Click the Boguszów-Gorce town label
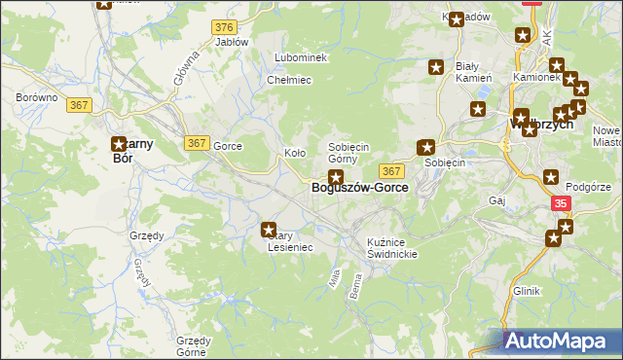[x=359, y=189]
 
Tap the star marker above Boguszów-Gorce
[x=336, y=177]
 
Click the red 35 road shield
[x=561, y=203]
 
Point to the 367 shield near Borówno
[x=81, y=105]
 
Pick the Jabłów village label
[x=232, y=42]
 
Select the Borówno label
[x=37, y=98]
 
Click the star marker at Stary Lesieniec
[x=269, y=230]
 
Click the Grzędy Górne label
[x=193, y=346]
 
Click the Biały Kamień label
[x=473, y=72]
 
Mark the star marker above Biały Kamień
[x=436, y=67]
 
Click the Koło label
[x=294, y=153]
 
